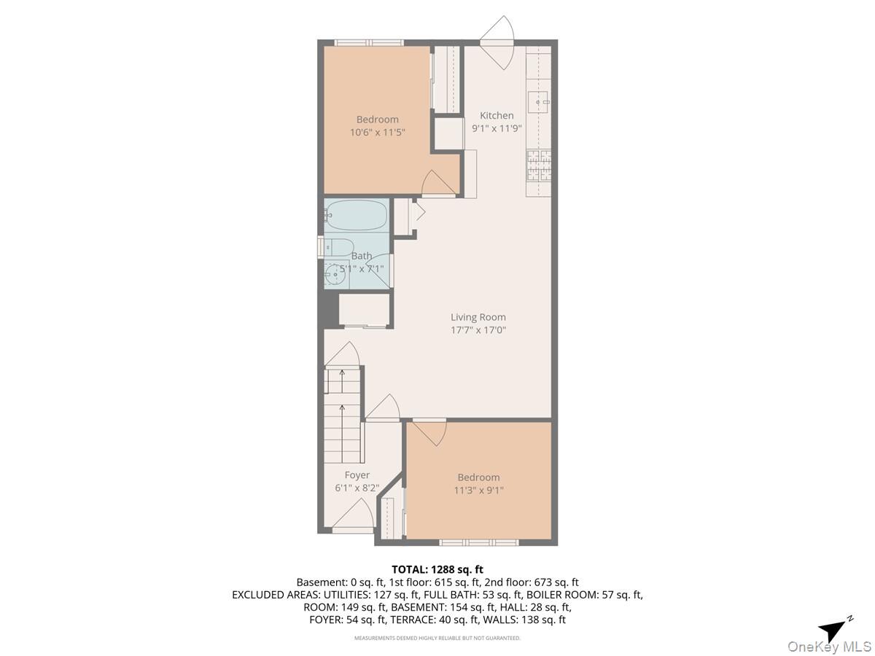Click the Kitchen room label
[497, 115]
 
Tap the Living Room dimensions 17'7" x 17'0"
[478, 329]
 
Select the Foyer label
[357, 475]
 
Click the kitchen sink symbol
[538, 102]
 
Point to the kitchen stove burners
[539, 165]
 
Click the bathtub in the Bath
[356, 214]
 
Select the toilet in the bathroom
[339, 247]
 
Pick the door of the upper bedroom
[438, 184]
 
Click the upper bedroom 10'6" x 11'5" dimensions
[378, 133]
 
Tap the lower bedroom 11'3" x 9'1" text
[478, 491]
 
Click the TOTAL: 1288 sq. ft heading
[437, 569]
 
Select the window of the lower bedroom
[478, 542]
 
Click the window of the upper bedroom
[369, 42]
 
